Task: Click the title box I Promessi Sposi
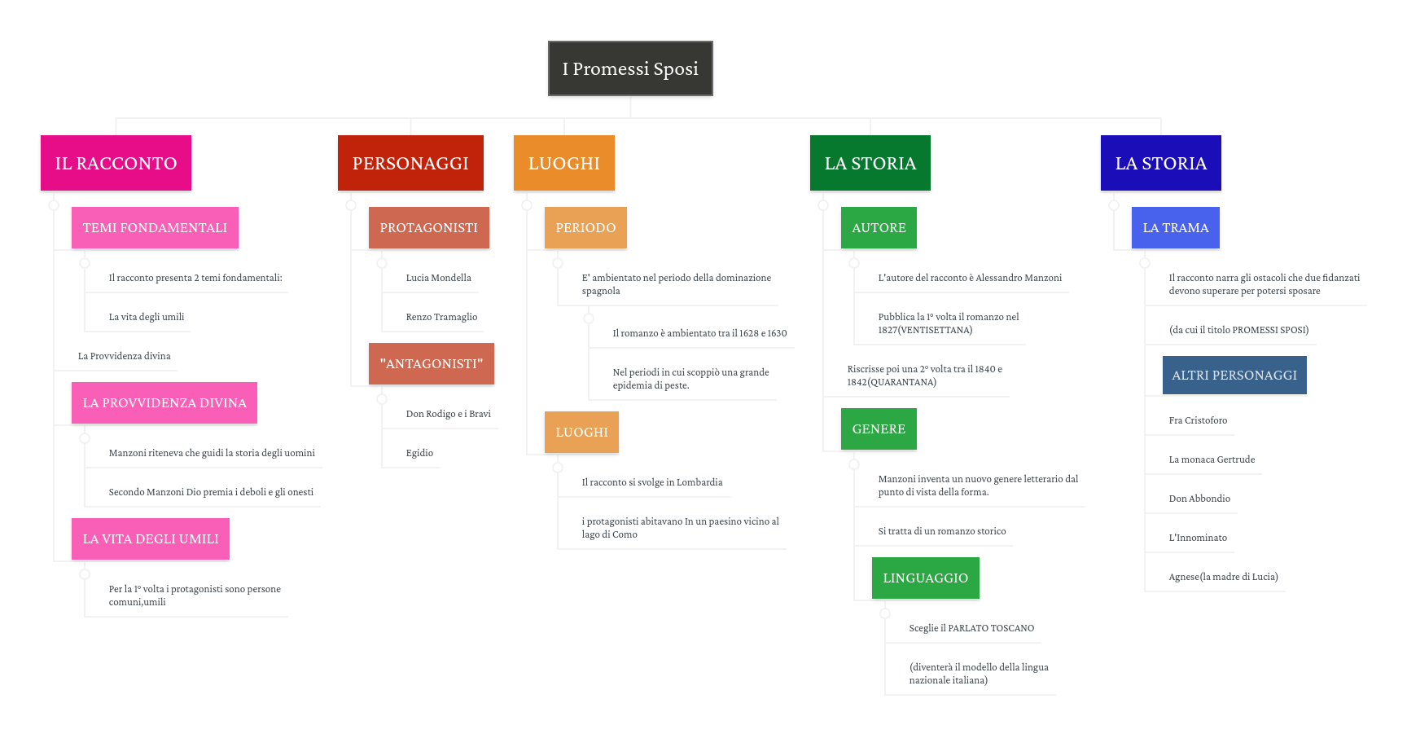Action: tap(630, 68)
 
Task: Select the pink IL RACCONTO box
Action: tap(116, 163)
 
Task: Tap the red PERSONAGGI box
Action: tap(410, 163)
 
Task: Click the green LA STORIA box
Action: tap(870, 163)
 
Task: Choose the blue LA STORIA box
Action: tap(1161, 163)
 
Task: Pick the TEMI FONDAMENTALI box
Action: tap(155, 228)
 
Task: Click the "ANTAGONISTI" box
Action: tap(432, 364)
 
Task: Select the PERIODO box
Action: tap(585, 228)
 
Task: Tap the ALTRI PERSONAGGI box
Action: tap(1234, 376)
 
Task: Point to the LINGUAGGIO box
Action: tap(926, 578)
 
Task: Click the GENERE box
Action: tap(879, 429)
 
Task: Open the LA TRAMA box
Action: tap(1176, 228)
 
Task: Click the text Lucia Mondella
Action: tap(439, 278)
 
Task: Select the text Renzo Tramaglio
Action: tap(441, 317)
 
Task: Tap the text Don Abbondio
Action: tap(1199, 499)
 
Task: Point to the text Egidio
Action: tap(419, 453)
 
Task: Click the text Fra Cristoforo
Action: tap(1198, 420)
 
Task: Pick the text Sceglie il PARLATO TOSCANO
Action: tap(971, 628)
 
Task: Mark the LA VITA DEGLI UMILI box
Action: tap(151, 539)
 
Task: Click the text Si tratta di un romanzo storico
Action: tap(942, 531)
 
